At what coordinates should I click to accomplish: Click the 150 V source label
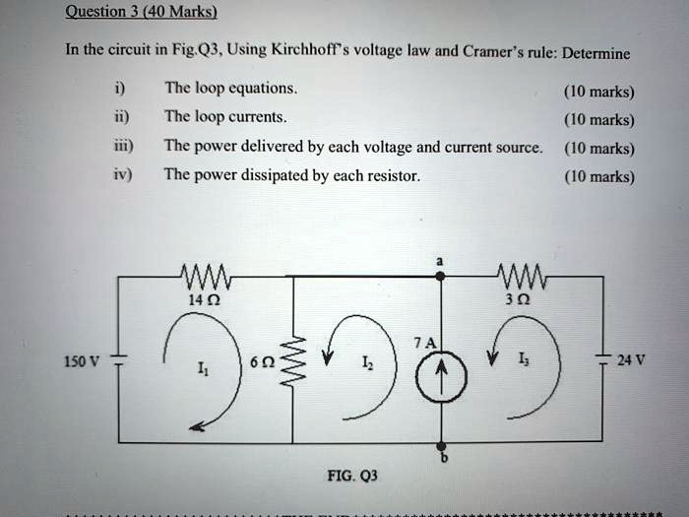(80, 360)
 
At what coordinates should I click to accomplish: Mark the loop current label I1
(202, 371)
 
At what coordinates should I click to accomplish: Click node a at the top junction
(441, 278)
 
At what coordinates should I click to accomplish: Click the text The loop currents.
(225, 116)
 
